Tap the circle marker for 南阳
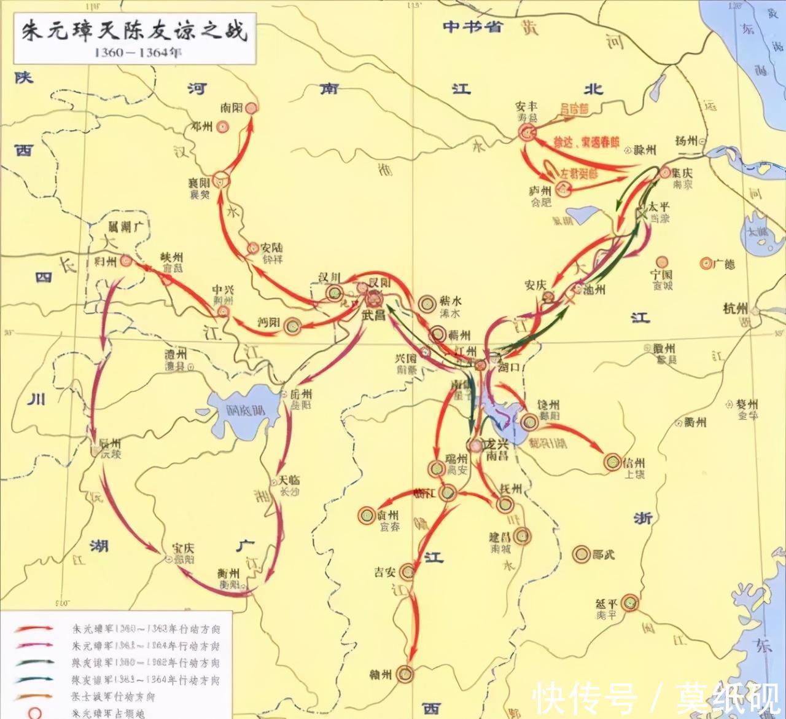(251, 108)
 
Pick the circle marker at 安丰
(526, 132)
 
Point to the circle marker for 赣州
(404, 674)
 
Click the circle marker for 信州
(612, 462)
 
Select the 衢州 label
(695, 422)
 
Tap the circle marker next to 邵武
(581, 554)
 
